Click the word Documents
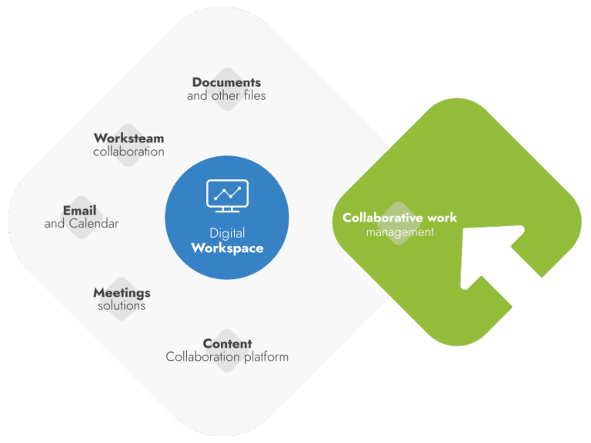226,82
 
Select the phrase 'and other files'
226,96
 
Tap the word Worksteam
129,138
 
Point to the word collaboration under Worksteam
129,152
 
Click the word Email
79,210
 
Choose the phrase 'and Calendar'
82,224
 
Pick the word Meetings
122,292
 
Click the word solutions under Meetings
122,305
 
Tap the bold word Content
227,344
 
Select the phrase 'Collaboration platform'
227,357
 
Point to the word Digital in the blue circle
227,233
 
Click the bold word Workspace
227,248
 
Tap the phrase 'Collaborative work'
399,218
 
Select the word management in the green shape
399,231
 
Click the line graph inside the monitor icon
227,192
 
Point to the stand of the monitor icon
227,210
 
